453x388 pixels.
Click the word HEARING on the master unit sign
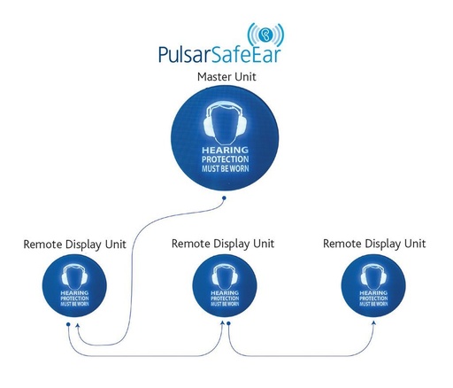(226, 151)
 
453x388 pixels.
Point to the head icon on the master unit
(226, 124)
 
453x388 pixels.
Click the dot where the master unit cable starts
(224, 198)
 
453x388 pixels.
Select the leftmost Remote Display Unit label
(74, 243)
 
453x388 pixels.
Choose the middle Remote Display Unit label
(223, 242)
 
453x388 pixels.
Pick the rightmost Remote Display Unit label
(374, 243)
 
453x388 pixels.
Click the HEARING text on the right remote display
(374, 291)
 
